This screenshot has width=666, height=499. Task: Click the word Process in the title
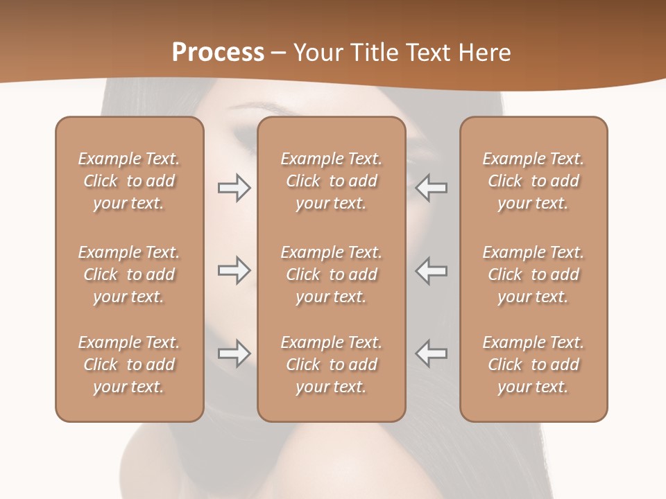(218, 53)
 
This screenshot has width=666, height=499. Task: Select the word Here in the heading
(484, 53)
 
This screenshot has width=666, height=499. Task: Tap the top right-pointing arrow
(234, 188)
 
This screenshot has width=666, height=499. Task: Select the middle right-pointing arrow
(234, 270)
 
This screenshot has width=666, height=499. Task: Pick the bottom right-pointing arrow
(234, 353)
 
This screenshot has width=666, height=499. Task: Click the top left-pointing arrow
(432, 188)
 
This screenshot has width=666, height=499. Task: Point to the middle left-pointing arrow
(432, 270)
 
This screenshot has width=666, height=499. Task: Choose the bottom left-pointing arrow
(432, 353)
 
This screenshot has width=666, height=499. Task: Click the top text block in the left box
(129, 181)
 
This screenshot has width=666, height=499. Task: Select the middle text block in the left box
(129, 274)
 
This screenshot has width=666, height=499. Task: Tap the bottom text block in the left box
(129, 365)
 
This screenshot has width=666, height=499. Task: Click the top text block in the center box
(332, 181)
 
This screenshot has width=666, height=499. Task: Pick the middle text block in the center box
(332, 274)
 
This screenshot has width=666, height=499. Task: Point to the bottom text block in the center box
(332, 365)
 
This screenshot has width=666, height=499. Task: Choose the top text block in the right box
(533, 181)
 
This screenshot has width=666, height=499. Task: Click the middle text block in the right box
(533, 274)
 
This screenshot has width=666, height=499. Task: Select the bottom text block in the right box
(533, 365)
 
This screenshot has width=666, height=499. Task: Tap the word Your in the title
(318, 53)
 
